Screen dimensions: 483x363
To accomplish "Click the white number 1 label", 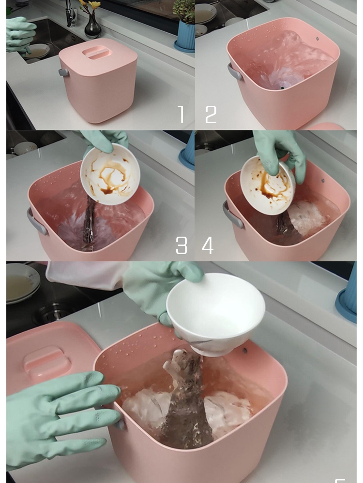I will (x=181, y=115).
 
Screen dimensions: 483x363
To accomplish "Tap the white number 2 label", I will (x=211, y=115).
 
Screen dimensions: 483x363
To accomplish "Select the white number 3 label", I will (x=181, y=246).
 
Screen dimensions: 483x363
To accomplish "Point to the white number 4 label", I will (x=208, y=246).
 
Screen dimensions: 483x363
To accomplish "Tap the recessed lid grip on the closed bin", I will (x=96, y=52).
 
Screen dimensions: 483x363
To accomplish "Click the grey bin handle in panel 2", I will (x=235, y=72).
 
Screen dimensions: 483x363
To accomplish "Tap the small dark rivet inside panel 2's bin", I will (x=318, y=39).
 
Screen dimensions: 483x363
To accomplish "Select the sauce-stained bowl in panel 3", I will (x=110, y=174).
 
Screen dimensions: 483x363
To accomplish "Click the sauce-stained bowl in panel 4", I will (x=268, y=185).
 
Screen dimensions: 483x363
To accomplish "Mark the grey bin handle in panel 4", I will (x=232, y=214).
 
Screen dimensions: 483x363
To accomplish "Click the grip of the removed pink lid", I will (x=47, y=361).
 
